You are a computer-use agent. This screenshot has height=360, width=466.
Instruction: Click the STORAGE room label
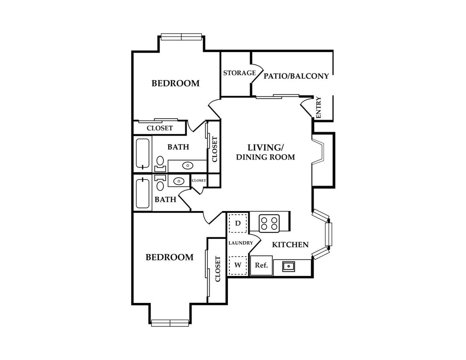tap(239, 73)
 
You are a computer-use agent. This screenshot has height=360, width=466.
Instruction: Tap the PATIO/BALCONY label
tap(296, 76)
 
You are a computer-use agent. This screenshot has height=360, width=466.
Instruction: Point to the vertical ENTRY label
tap(319, 107)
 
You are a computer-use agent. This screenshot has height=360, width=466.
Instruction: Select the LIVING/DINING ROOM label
tap(265, 152)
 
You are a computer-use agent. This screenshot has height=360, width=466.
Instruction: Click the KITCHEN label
tap(290, 244)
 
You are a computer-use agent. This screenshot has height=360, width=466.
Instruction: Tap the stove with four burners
tap(269, 223)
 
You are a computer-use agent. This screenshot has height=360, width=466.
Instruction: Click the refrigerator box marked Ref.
tap(262, 265)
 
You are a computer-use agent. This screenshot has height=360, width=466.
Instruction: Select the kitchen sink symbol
tap(288, 266)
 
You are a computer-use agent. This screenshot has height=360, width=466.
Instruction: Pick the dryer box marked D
tap(238, 223)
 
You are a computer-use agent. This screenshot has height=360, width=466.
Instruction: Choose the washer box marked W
tap(238, 265)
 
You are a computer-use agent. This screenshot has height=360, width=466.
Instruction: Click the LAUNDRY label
tap(241, 243)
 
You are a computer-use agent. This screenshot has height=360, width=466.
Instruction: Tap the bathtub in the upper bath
tap(143, 154)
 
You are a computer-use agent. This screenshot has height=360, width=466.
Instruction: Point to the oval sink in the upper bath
tap(188, 165)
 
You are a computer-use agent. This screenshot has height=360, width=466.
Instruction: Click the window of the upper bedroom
tap(181, 37)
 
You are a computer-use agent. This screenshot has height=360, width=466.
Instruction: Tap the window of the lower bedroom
tap(170, 323)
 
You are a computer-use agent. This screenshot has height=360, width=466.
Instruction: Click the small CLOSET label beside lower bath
tap(198, 180)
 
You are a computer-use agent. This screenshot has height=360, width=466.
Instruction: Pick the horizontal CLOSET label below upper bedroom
tap(160, 128)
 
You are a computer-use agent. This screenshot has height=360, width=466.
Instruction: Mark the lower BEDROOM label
tap(169, 257)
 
